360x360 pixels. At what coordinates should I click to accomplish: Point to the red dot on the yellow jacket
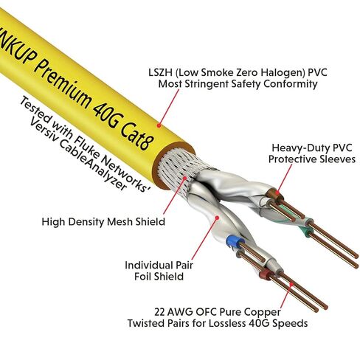(x=159, y=125)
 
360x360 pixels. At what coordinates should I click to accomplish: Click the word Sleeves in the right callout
(x=337, y=159)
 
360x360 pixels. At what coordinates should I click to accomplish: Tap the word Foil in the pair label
(x=142, y=277)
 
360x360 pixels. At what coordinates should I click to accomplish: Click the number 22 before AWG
(x=160, y=312)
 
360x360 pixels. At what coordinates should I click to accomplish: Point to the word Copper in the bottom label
(x=264, y=313)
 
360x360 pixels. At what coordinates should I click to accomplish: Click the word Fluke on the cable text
(x=86, y=147)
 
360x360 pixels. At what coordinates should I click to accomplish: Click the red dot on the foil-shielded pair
(x=217, y=218)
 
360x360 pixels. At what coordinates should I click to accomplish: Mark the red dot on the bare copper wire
(x=291, y=284)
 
